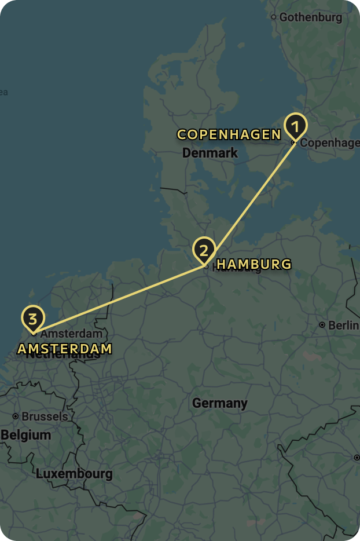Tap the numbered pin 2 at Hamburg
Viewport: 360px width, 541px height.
pos(204,251)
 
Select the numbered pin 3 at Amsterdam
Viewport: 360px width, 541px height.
pos(33,319)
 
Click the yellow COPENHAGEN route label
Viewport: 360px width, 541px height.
pos(229,135)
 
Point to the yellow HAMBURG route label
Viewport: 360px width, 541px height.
pos(254,265)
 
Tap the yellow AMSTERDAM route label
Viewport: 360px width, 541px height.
pos(64,349)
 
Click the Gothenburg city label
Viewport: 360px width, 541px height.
pos(310,17)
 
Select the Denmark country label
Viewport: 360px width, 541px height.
pos(210,153)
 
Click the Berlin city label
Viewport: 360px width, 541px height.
pos(343,326)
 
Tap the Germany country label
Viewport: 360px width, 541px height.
pos(219,403)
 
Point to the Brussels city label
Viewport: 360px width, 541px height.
pos(45,416)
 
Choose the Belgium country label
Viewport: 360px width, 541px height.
pos(26,435)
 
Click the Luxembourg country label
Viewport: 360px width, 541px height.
pos(74,474)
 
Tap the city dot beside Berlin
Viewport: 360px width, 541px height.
pos(322,326)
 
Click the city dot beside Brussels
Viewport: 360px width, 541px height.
pos(16,416)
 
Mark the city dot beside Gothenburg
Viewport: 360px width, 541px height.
pos(274,17)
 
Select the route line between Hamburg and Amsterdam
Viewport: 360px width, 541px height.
pos(119,298)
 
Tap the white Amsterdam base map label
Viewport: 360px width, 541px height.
pos(72,334)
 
